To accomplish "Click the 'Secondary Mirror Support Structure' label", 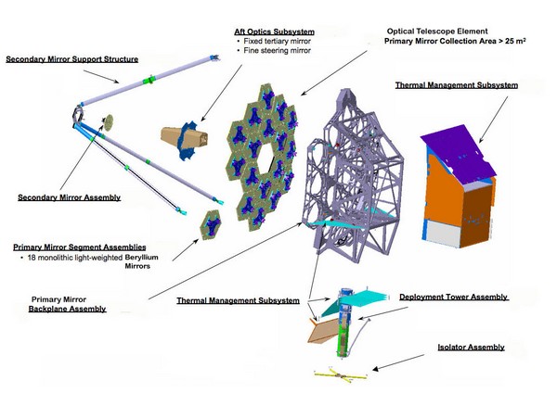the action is point(72,59).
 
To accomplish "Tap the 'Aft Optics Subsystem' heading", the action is point(274,32).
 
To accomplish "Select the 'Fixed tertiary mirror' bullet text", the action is point(277,41).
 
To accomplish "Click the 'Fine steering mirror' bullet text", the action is point(277,51).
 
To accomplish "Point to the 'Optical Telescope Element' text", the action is point(437,32).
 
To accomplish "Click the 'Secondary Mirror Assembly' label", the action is point(70,197).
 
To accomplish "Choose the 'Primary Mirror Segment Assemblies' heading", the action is point(80,247).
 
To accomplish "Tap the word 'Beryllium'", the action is point(141,257).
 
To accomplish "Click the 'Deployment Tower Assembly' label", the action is point(453,297).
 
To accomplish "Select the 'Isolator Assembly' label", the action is point(471,347).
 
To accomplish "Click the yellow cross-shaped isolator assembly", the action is point(341,375).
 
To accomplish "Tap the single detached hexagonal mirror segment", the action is point(211,225).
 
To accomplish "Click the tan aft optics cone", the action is point(184,139).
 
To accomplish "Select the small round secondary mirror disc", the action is point(109,122).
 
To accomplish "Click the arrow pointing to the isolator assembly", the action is point(398,362).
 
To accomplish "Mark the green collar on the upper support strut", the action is point(149,80).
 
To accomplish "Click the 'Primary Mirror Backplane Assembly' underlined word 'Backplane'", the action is point(67,309).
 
